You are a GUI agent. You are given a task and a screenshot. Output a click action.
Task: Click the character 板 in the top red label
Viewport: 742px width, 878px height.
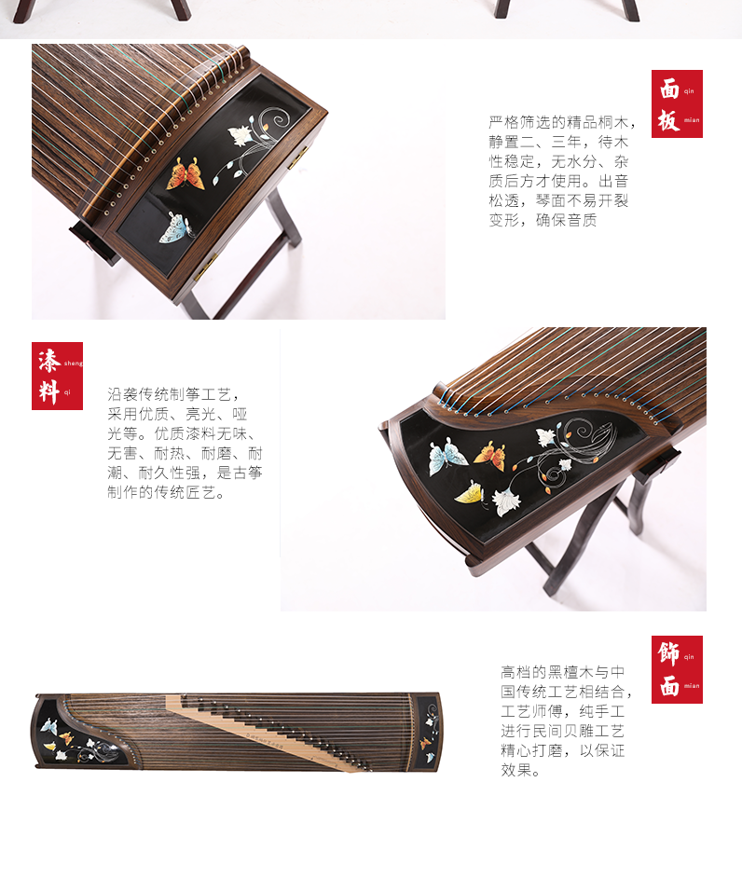pyautogui.click(x=668, y=120)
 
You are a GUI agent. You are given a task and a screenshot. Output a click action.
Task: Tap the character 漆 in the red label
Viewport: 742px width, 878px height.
pyautogui.click(x=49, y=361)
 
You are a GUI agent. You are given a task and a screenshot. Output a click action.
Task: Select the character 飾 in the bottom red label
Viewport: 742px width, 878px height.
pyautogui.click(x=668, y=653)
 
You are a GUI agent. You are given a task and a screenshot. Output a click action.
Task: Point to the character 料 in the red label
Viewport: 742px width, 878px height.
pyautogui.click(x=49, y=391)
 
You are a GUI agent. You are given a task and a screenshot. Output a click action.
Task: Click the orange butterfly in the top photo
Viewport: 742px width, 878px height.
pyautogui.click(x=186, y=173)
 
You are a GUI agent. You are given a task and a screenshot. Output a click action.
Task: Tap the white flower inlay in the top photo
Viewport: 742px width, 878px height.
pyautogui.click(x=240, y=134)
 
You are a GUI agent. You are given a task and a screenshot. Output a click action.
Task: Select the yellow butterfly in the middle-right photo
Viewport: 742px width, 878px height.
pyautogui.click(x=471, y=493)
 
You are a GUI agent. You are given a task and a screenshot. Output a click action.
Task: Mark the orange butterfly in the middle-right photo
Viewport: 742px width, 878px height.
pyautogui.click(x=490, y=455)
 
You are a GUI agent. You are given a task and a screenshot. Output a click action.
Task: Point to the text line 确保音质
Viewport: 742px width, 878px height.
pyautogui.click(x=566, y=220)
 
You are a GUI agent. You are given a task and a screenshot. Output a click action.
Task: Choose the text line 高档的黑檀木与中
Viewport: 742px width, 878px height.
pyautogui.click(x=563, y=672)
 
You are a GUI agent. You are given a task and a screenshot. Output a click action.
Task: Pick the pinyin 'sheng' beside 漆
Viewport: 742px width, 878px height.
pyautogui.click(x=73, y=364)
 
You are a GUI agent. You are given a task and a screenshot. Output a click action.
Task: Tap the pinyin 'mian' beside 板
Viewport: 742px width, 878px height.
pyautogui.click(x=692, y=120)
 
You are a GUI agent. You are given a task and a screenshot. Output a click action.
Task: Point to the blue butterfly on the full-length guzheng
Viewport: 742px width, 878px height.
pyautogui.click(x=48, y=726)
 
